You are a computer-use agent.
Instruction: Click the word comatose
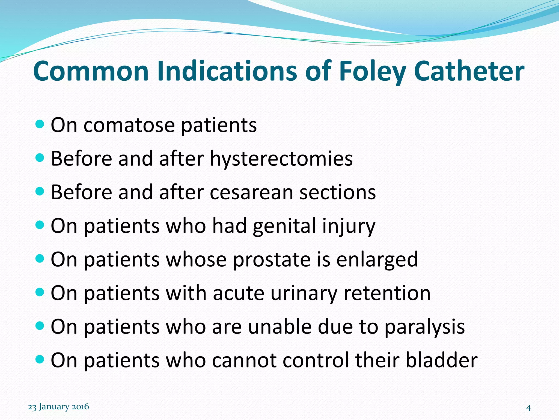click(129, 125)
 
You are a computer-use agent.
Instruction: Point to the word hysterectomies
click(281, 159)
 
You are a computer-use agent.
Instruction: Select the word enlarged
click(377, 259)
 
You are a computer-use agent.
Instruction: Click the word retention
click(387, 293)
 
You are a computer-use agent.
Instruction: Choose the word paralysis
click(424, 326)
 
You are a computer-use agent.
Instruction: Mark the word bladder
click(441, 360)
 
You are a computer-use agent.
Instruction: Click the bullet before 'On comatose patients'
click(40, 124)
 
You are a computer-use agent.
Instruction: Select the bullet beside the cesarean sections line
click(40, 191)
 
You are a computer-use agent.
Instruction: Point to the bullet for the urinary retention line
click(40, 292)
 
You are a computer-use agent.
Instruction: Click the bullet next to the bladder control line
click(40, 359)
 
